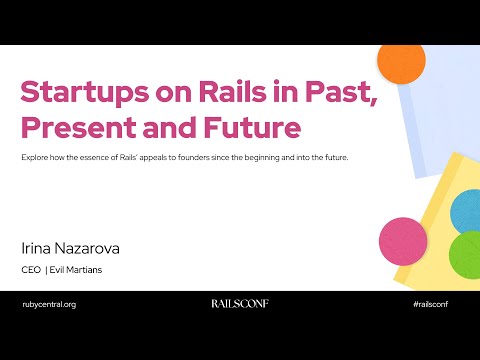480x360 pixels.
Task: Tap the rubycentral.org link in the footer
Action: [x=49, y=303]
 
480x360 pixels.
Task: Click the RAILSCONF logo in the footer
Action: [x=239, y=303]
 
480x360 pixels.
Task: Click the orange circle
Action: [x=401, y=62]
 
